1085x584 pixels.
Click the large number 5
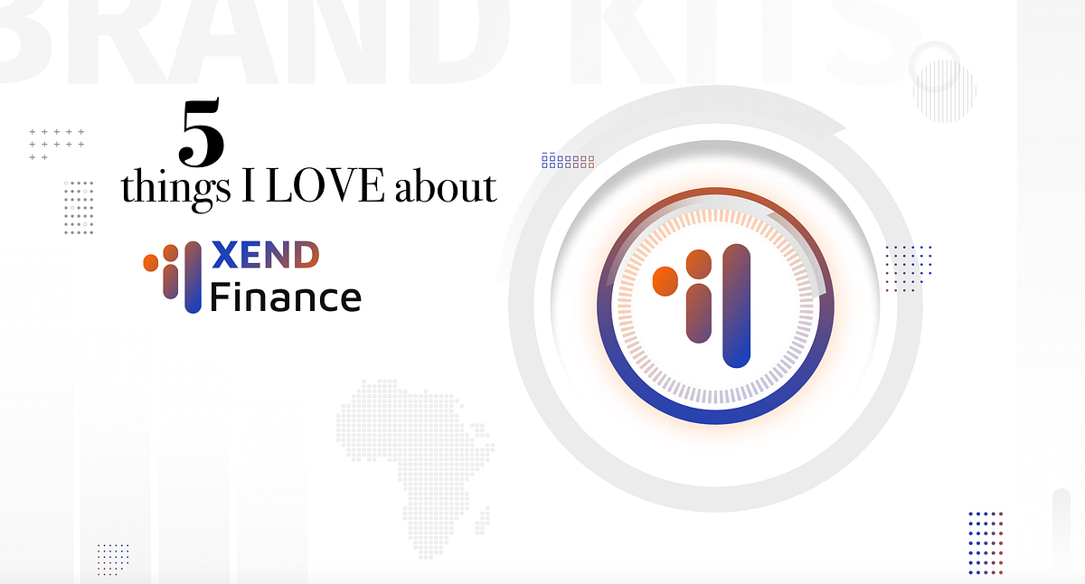202,134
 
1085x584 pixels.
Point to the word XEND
264,257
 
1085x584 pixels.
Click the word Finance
285,296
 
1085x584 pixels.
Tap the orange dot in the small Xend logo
151,263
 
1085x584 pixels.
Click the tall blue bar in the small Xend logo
192,278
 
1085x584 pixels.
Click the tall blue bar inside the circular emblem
737,306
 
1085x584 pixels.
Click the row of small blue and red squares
568,161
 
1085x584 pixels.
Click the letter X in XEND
224,257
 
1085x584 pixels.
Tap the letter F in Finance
219,296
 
